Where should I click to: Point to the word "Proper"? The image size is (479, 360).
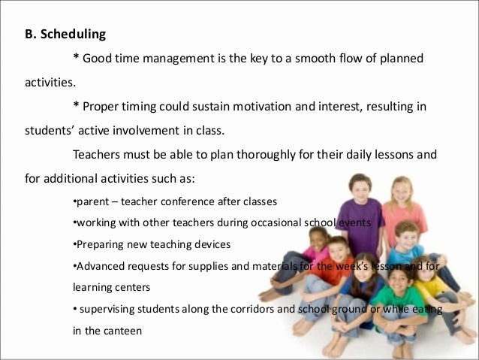pyautogui.click(x=102, y=107)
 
